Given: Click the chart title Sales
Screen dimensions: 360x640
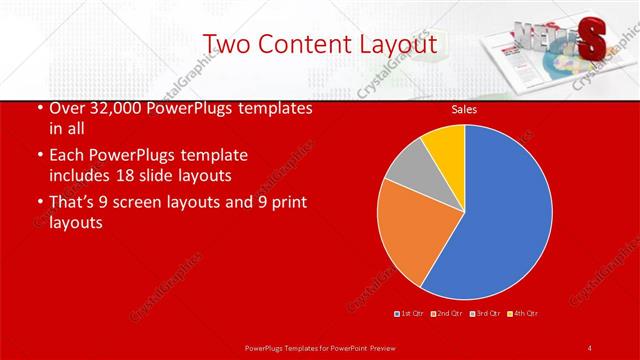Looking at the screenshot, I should pyautogui.click(x=464, y=107).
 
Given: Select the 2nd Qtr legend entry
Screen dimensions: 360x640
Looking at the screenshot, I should pyautogui.click(x=445, y=313).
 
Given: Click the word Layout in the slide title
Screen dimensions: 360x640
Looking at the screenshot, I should pyautogui.click(x=391, y=44).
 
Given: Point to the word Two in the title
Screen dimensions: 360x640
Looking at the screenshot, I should pyautogui.click(x=225, y=44).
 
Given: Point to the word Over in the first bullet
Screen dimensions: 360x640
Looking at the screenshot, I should pyautogui.click(x=65, y=108).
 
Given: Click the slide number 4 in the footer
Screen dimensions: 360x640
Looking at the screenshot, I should pyautogui.click(x=590, y=347).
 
